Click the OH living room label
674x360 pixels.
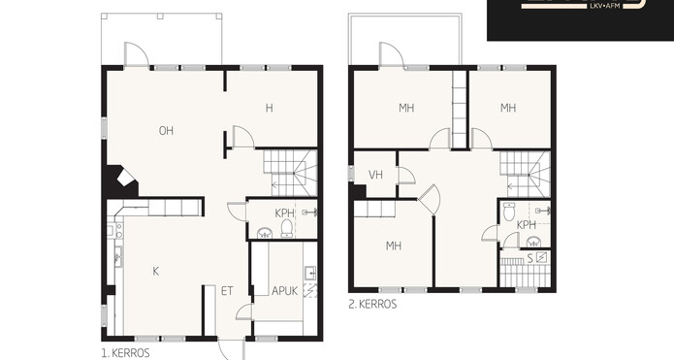pos(166,131)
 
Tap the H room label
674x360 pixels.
pos(269,108)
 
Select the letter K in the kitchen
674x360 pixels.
pos(155,271)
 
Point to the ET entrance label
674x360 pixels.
pos(227,291)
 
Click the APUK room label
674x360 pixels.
pos(284,291)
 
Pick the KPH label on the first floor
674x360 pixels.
pos(284,213)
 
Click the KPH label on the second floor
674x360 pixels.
pos(527,224)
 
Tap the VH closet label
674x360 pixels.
pos(375,175)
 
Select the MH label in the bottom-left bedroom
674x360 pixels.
pos(394,245)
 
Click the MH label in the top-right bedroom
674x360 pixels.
pos(508,108)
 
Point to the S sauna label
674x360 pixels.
pos(530,258)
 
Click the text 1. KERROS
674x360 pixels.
pos(125,353)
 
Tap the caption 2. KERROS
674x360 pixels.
pos(372,304)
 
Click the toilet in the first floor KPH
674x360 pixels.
pos(286,229)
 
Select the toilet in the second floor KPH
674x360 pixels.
pos(509,212)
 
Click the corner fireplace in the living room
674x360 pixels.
pos(121,181)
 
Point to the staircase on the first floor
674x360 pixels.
pos(290,173)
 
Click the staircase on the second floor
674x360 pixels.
pos(525,174)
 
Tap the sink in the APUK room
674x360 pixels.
pos(310,273)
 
